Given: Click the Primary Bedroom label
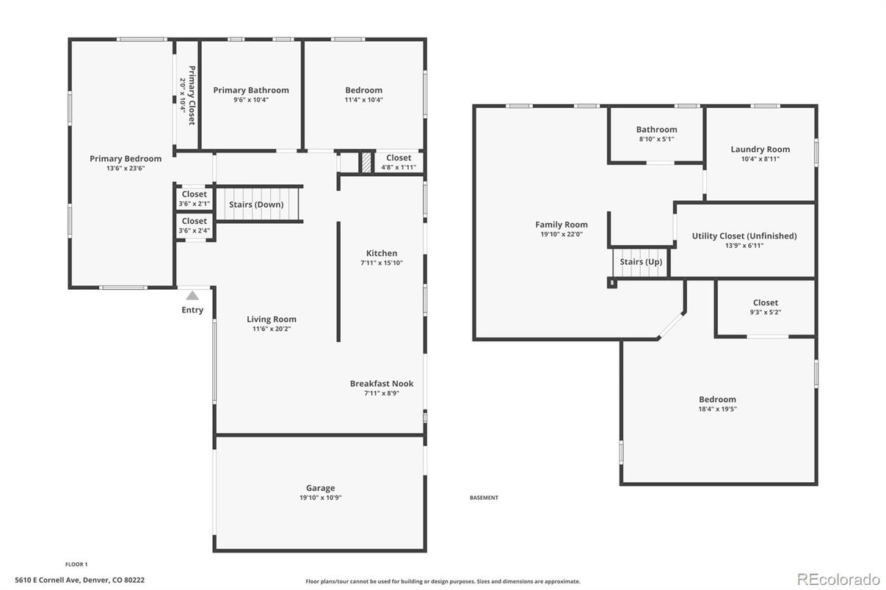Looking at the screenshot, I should click(x=126, y=159).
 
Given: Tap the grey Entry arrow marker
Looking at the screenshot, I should click(x=192, y=296).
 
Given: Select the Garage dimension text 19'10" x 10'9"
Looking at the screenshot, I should click(x=320, y=498).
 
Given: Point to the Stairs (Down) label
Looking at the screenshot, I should click(x=256, y=204).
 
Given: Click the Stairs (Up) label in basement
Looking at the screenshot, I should click(x=641, y=262).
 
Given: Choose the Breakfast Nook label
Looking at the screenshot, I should click(x=382, y=384).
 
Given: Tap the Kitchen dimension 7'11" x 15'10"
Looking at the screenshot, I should click(x=382, y=263).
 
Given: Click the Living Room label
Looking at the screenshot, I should click(x=272, y=319).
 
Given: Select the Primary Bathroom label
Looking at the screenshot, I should click(x=251, y=90).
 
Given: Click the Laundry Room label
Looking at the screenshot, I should click(x=760, y=150).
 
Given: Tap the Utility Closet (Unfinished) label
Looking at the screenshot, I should click(x=744, y=236).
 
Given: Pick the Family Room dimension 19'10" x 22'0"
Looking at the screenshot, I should click(x=562, y=234).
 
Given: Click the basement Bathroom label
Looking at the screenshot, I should click(x=657, y=130).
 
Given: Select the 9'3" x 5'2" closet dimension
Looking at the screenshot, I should click(x=766, y=312).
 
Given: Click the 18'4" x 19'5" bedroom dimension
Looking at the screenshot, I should click(x=718, y=409).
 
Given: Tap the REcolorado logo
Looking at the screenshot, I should click(x=838, y=578).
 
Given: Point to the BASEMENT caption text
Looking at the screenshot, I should click(x=484, y=498).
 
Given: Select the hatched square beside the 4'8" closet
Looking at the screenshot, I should click(x=367, y=163).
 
